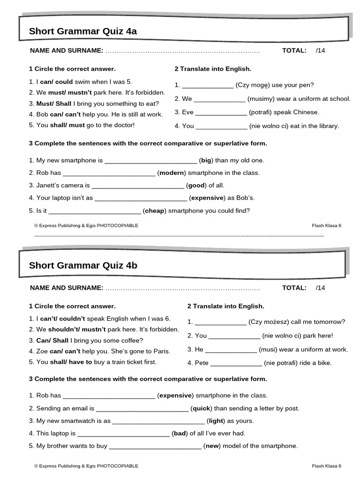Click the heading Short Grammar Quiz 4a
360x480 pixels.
pyautogui.click(x=83, y=31)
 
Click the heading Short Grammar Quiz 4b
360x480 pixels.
pyautogui.click(x=83, y=265)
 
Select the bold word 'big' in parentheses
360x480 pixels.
pyautogui.click(x=206, y=160)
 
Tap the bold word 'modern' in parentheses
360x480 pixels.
pyautogui.click(x=172, y=173)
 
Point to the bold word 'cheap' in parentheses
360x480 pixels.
pyautogui.click(x=155, y=211)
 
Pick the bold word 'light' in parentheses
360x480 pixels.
pyautogui.click(x=216, y=421)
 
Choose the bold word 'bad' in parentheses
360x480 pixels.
pyautogui.click(x=180, y=434)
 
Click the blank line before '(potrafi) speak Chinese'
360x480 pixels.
pyautogui.click(x=221, y=112)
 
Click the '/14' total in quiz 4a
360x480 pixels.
pyautogui.click(x=320, y=51)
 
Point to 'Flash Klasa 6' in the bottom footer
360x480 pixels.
pyautogui.click(x=326, y=466)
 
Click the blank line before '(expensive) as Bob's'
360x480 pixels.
pyautogui.click(x=141, y=198)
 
